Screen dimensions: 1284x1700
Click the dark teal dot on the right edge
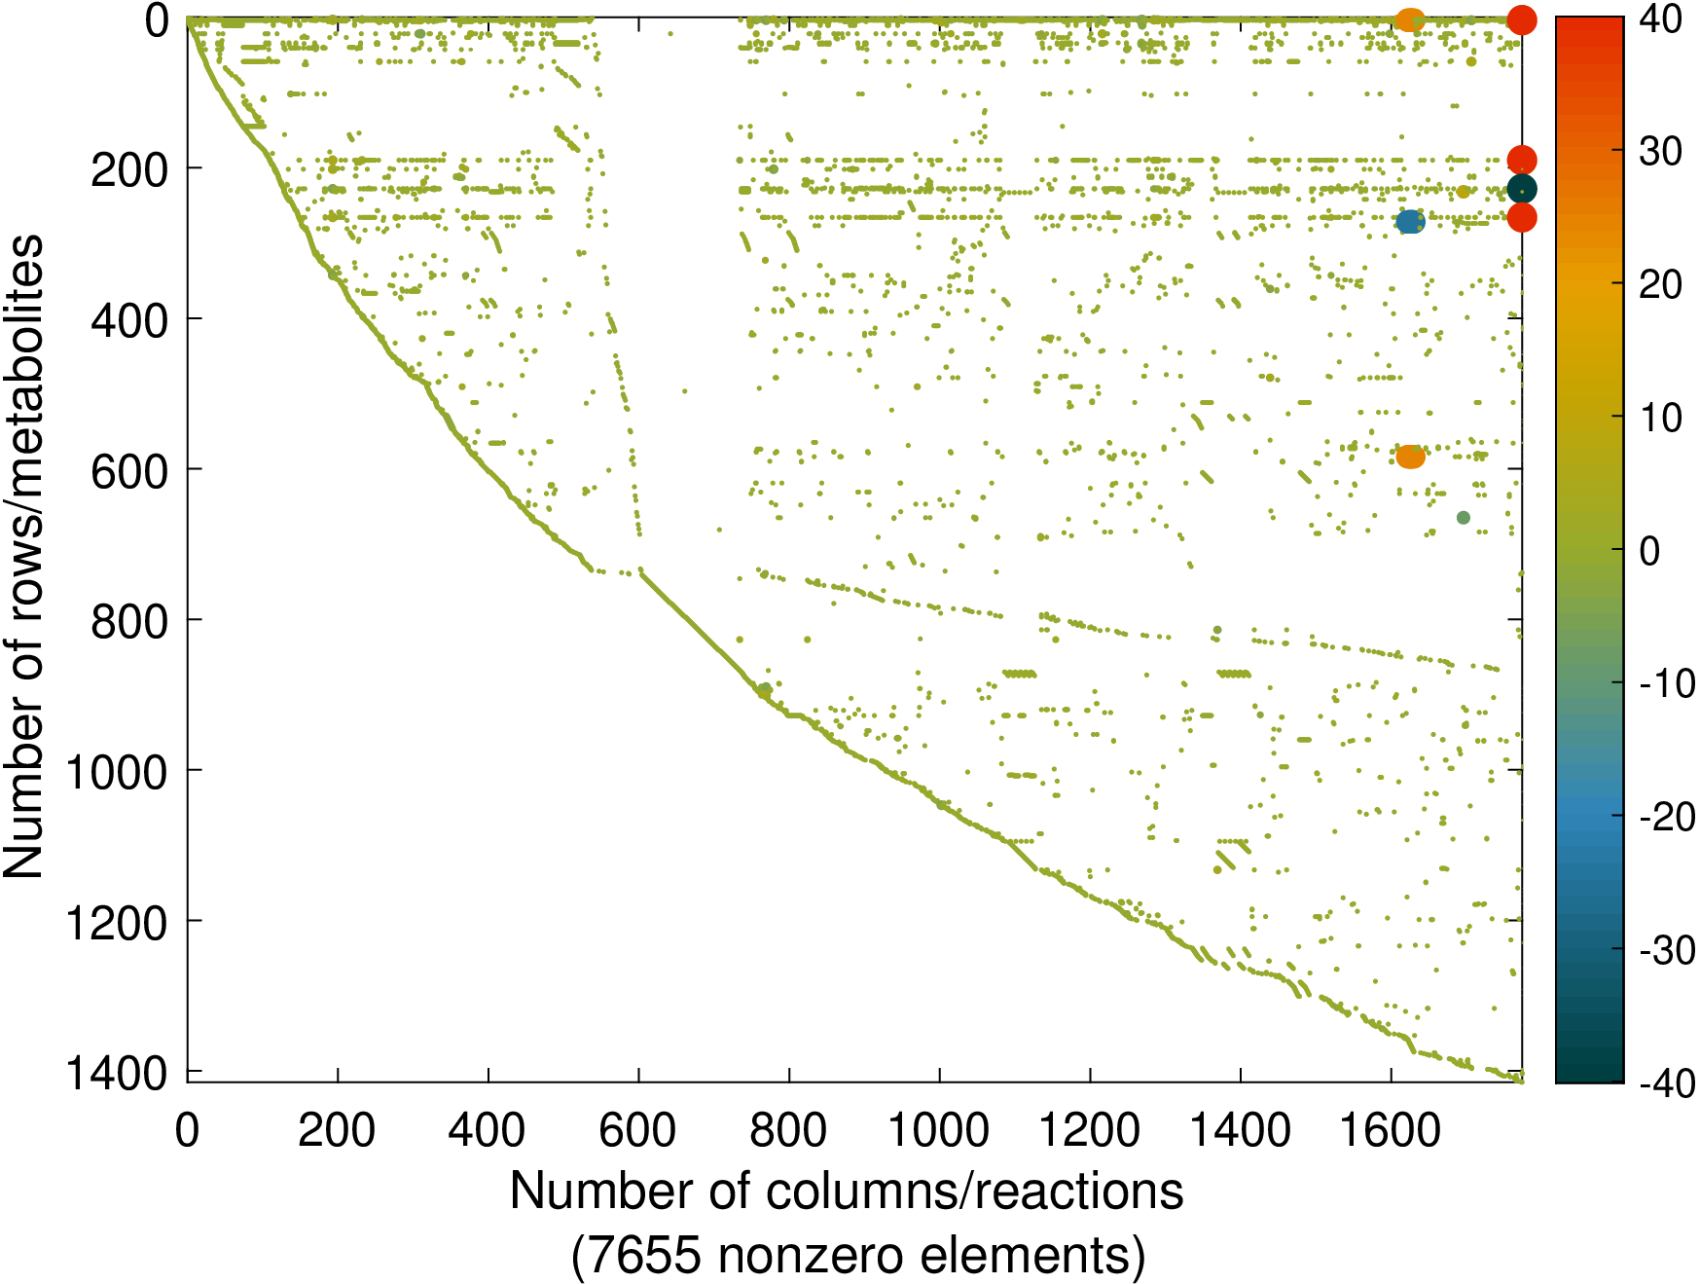1521,189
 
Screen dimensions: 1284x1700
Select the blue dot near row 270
1409,222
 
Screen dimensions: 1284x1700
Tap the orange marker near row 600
1410,456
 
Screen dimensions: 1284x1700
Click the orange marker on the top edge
1409,18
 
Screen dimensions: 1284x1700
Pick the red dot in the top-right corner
1521,18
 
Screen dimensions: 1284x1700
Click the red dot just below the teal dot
1521,217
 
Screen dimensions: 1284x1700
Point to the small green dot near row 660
1463,517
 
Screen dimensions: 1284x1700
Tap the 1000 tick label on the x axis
939,1130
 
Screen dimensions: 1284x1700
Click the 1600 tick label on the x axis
1391,1130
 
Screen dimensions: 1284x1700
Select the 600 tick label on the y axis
128,470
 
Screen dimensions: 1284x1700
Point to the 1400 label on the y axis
116,1073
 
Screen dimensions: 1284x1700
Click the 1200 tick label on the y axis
116,922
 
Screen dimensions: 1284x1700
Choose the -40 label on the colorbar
1667,1082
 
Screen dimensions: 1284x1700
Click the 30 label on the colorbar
1661,151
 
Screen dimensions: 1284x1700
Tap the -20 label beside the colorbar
1667,817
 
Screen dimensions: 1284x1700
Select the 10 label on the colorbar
1661,418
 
